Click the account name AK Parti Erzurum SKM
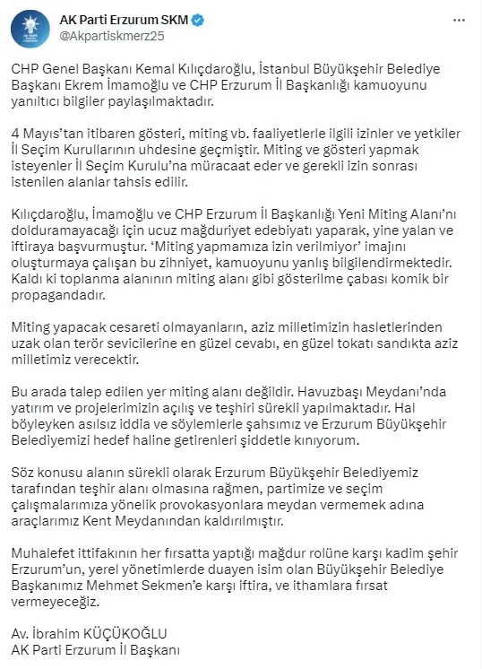pos(116,18)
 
